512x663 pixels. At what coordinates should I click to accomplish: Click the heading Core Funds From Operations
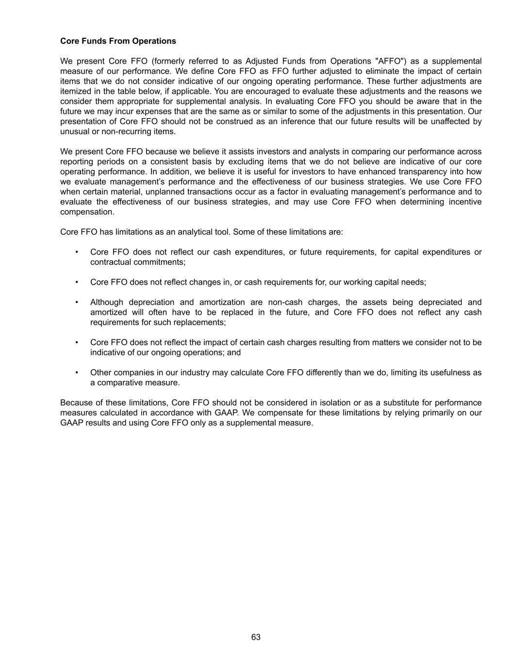point(118,41)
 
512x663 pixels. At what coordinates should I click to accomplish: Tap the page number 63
point(256,637)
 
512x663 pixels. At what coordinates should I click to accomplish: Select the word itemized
point(76,91)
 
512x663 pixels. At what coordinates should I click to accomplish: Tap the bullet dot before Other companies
point(77,373)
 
